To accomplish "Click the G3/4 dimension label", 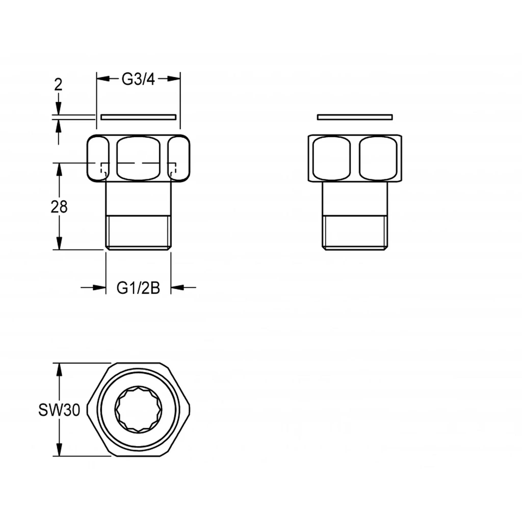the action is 138,79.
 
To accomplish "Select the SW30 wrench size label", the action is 59,410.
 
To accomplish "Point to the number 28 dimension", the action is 59,207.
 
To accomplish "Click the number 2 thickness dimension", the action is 58,85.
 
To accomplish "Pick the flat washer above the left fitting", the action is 139,117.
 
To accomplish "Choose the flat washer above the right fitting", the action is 355,117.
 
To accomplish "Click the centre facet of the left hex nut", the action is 138,158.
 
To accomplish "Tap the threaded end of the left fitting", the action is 138,233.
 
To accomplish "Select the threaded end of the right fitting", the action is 355,233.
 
